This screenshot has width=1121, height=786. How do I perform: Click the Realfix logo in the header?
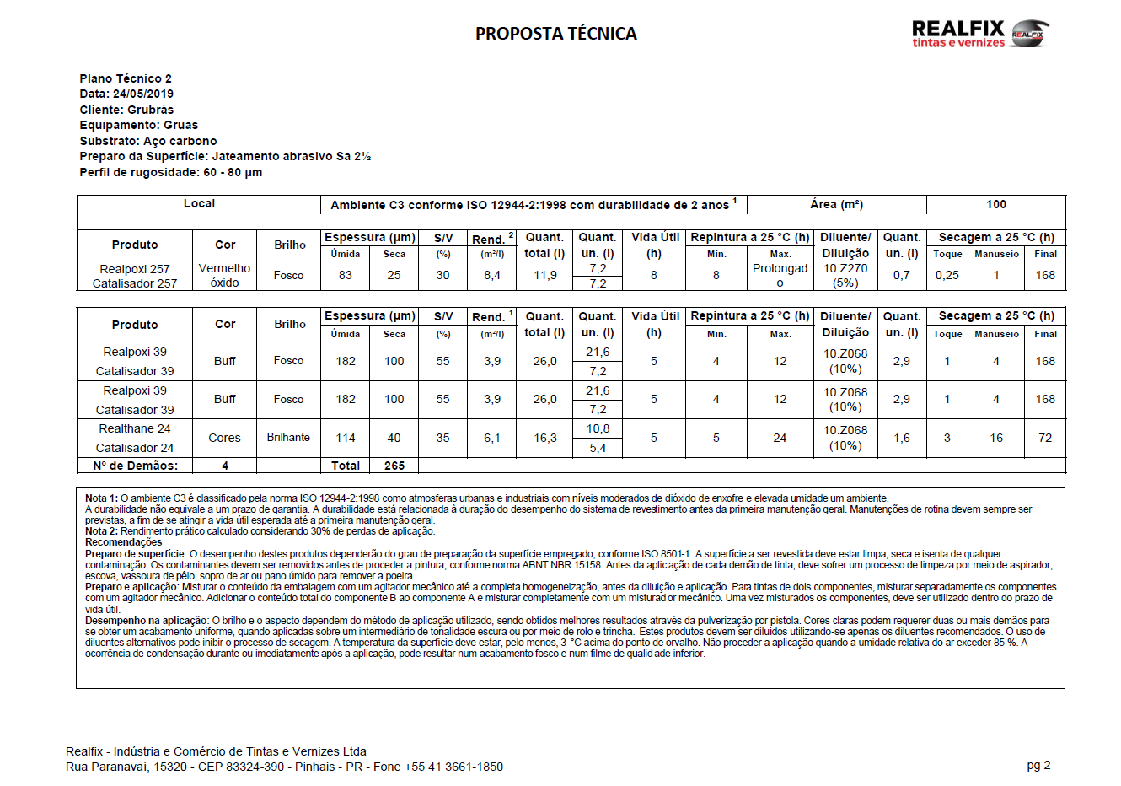(x=980, y=34)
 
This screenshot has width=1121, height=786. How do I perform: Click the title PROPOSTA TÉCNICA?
(x=556, y=34)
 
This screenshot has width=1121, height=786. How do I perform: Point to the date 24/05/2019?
(x=143, y=94)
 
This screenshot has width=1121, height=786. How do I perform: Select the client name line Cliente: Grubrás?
(x=126, y=110)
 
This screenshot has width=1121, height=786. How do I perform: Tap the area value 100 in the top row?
(x=996, y=204)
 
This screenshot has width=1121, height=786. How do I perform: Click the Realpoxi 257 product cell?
(x=135, y=269)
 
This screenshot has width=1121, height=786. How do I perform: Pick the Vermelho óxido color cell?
(x=225, y=275)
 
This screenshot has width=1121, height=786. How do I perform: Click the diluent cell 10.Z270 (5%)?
(x=845, y=276)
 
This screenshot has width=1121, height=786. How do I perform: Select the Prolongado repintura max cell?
(x=780, y=275)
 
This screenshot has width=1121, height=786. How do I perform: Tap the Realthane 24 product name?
(x=135, y=428)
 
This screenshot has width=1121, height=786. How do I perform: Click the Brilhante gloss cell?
(x=288, y=437)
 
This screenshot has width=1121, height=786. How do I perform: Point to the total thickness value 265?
(x=394, y=466)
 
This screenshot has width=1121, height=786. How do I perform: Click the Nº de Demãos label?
(x=135, y=466)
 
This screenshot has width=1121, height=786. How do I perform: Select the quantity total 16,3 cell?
(x=545, y=438)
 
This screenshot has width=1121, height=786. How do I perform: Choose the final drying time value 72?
(x=1045, y=438)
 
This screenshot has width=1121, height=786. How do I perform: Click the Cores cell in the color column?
(x=225, y=438)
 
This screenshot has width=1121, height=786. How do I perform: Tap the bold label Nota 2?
(x=101, y=531)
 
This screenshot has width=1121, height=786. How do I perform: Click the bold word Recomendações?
(x=123, y=542)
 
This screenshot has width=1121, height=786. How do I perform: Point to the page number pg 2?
(x=1038, y=765)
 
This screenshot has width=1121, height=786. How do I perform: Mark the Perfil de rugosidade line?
(x=170, y=172)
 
